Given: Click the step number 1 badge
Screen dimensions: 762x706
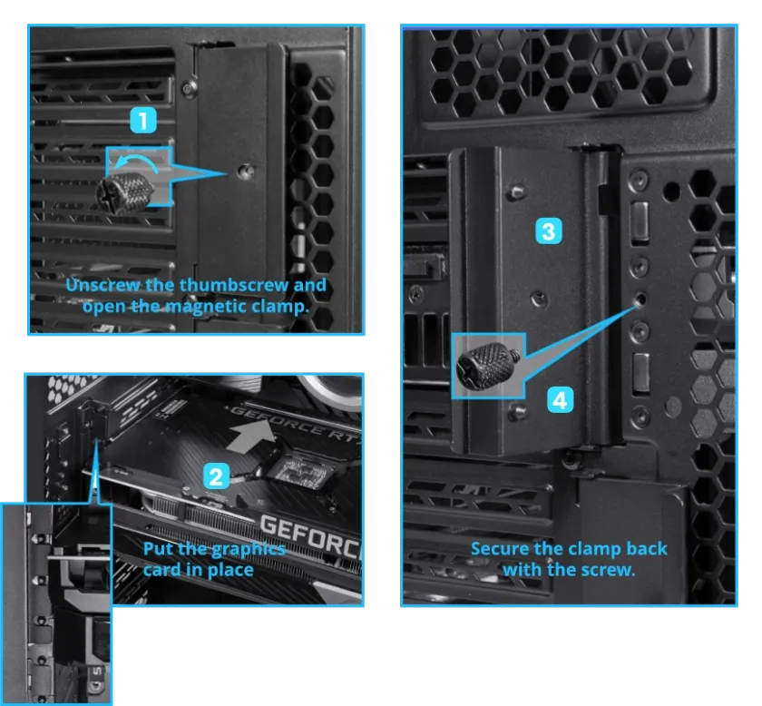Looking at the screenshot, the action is [143, 121].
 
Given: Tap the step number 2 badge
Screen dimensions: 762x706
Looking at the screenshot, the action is [216, 476].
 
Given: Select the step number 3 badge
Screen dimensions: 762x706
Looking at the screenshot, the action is [549, 231].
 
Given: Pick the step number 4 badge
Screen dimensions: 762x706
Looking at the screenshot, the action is [560, 400].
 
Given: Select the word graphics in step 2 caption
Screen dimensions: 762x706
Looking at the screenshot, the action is [249, 550].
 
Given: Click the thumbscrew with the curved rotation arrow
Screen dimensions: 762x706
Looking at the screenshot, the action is [125, 192].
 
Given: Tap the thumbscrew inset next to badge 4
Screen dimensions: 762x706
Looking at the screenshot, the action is [487, 366].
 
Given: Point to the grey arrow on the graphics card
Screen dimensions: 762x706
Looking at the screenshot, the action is [250, 436].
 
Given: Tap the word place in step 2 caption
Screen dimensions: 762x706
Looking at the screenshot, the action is [230, 571].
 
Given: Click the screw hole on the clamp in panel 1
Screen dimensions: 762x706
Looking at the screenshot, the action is [246, 172].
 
